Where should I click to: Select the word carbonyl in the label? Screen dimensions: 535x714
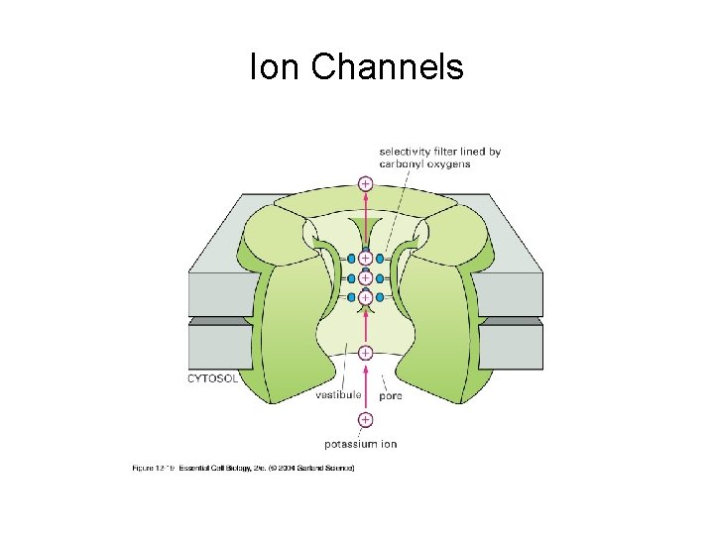point(402,163)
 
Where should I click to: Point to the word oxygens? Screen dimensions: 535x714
point(449,163)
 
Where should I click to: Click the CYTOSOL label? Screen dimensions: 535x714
point(212,377)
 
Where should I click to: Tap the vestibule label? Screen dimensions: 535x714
point(338,394)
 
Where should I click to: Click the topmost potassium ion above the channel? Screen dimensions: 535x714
point(365,183)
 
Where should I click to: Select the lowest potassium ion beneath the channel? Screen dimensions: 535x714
point(365,420)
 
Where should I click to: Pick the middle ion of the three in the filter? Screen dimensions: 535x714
point(365,277)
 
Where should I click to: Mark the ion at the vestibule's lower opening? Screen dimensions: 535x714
point(365,353)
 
